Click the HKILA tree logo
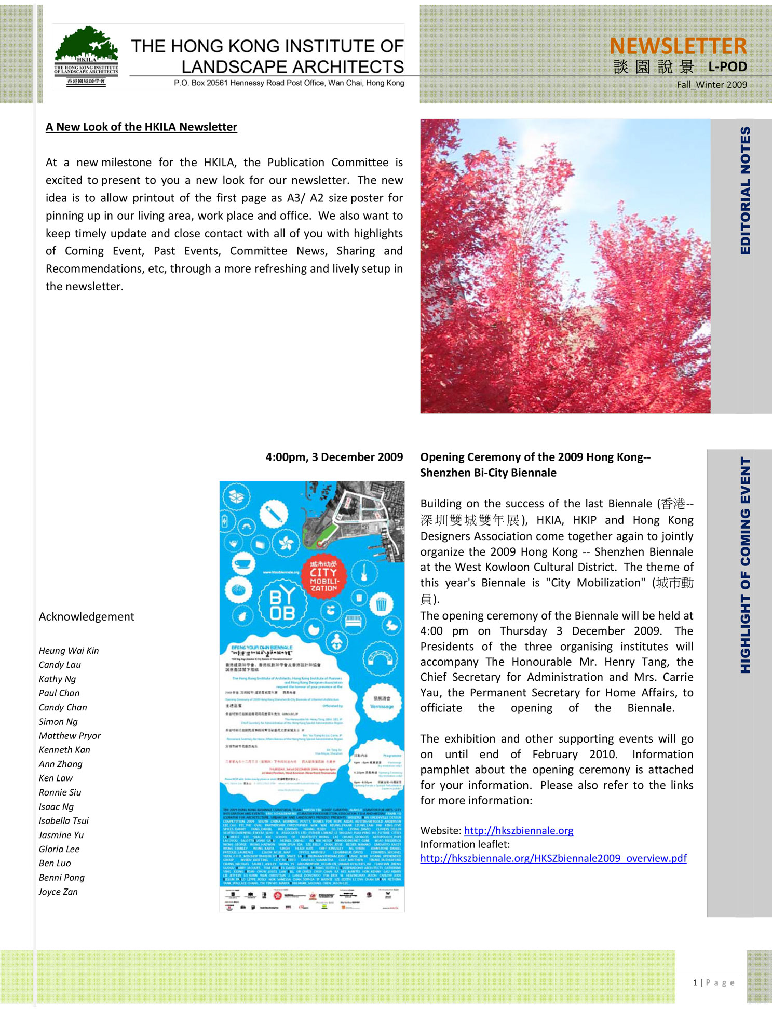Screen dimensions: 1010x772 point(86,56)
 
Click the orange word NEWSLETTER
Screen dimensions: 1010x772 point(678,46)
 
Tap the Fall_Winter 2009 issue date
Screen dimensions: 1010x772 point(711,85)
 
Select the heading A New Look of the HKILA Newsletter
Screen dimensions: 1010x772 point(141,127)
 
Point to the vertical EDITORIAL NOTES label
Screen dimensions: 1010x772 point(745,191)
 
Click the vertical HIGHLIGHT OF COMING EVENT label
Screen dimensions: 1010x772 point(745,565)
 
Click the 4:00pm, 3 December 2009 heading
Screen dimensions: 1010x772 point(334,457)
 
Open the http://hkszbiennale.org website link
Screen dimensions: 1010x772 point(518,830)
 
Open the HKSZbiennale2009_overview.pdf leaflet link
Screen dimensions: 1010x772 point(553,858)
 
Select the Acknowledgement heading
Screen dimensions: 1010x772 point(86,616)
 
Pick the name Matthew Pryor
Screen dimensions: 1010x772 point(70,736)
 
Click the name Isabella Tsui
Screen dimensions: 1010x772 point(64,821)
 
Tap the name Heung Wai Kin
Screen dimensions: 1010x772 point(69,651)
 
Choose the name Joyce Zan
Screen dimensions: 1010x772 point(58,892)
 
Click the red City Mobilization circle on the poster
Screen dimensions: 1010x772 point(323,576)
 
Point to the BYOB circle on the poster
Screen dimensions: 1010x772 point(282,604)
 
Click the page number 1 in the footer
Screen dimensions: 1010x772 point(695,982)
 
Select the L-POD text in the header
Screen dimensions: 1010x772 point(727,67)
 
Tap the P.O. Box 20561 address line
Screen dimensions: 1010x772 point(289,83)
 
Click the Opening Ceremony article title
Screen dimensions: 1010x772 point(535,465)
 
